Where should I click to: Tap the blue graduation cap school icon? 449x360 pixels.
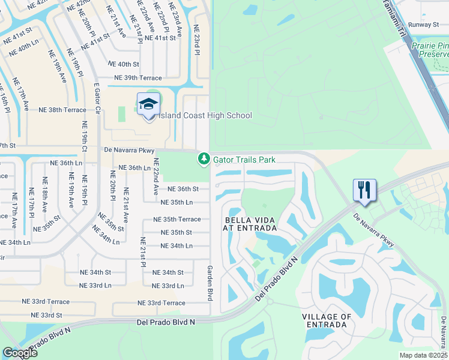pyautogui.click(x=148, y=104)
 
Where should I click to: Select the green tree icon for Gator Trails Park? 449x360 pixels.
pyautogui.click(x=204, y=159)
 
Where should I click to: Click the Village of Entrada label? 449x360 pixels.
pyautogui.click(x=326, y=320)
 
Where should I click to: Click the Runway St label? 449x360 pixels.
pyautogui.click(x=424, y=25)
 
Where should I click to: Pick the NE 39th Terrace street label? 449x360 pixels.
pyautogui.click(x=139, y=78)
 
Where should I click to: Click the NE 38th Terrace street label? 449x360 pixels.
pyautogui.click(x=63, y=110)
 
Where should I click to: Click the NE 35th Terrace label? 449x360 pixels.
pyautogui.click(x=177, y=220)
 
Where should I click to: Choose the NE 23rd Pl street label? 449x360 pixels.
pyautogui.click(x=196, y=40)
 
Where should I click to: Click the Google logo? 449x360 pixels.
pyautogui.click(x=20, y=352)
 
